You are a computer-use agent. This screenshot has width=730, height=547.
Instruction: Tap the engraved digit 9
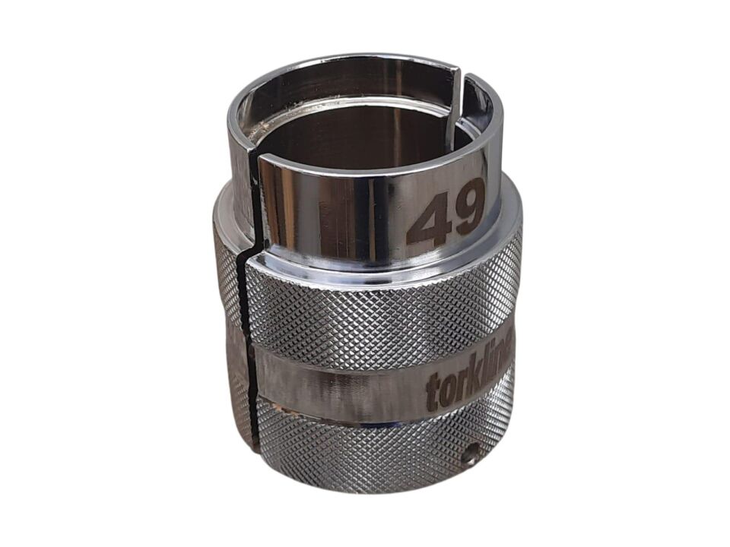[x=468, y=207]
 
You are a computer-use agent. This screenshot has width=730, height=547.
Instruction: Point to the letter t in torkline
[x=432, y=392]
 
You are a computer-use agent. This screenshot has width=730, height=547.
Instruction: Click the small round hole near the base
[x=471, y=457]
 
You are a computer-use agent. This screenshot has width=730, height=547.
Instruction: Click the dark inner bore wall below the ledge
[x=350, y=137]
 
